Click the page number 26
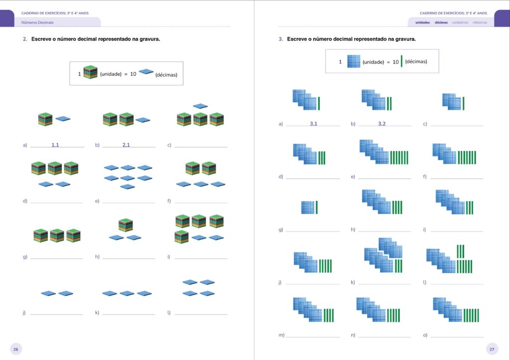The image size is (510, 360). (x=16, y=349)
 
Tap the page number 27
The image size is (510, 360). (x=492, y=349)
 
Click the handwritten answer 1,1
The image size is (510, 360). (x=55, y=145)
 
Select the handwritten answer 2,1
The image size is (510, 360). (x=126, y=145)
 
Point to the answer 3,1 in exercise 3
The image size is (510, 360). (x=313, y=123)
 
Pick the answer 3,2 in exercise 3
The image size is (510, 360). (x=382, y=123)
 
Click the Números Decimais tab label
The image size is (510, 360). (x=37, y=22)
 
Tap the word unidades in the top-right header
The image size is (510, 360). (x=422, y=22)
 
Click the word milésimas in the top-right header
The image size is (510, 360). (x=480, y=22)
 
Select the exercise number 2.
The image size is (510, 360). (x=24, y=39)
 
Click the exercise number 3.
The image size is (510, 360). (x=280, y=39)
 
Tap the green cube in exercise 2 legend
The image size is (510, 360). (x=90, y=72)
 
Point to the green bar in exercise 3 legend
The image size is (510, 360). (x=401, y=61)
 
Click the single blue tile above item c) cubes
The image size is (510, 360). (x=200, y=106)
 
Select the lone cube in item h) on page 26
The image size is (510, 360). (x=125, y=225)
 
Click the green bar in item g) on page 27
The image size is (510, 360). (x=316, y=208)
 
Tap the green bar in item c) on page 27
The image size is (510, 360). (x=463, y=103)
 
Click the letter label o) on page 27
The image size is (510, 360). (x=425, y=335)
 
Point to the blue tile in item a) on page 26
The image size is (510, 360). (x=63, y=119)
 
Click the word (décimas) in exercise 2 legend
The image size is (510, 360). (x=166, y=75)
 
